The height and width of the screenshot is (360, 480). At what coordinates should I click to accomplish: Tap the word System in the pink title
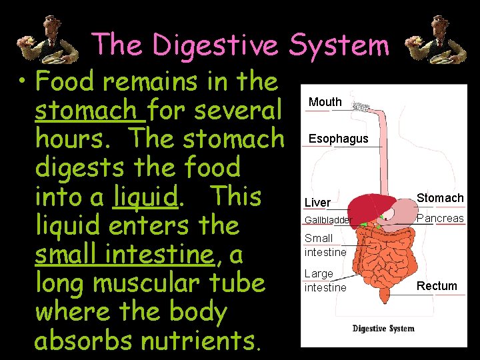339,45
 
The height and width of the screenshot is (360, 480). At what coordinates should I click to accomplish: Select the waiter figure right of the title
429,42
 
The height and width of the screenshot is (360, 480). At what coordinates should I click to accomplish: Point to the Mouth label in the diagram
325,102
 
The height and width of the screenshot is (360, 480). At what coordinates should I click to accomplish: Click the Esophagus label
337,139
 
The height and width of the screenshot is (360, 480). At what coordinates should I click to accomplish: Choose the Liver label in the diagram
317,202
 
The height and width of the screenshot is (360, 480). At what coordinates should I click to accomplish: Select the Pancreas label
440,218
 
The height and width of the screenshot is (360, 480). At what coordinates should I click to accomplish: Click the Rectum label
437,286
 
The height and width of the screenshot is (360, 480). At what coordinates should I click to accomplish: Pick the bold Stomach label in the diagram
440,198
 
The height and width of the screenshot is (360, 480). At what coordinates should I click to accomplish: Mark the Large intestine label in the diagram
325,281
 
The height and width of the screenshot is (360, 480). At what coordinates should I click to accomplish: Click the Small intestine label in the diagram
325,245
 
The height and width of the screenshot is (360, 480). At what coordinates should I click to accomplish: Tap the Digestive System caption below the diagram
383,328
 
